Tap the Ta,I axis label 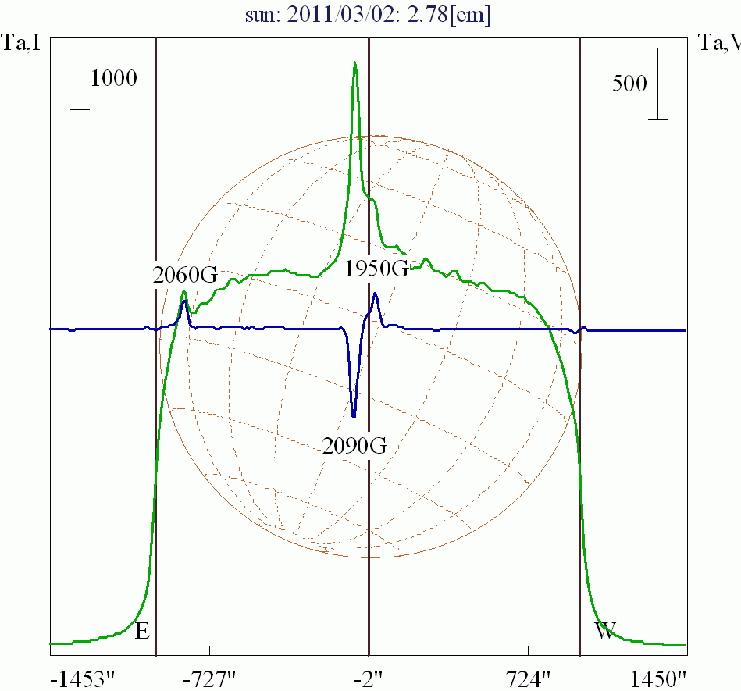(x=18, y=43)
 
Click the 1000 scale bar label (x=114, y=78)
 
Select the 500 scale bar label (x=629, y=84)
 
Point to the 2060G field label (x=185, y=274)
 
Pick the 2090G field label (x=354, y=446)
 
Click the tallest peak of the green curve (x=355, y=64)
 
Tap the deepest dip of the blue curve (x=354, y=415)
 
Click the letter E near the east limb (x=142, y=631)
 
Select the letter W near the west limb (x=605, y=631)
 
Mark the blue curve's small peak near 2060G (x=184, y=301)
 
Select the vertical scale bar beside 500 (x=659, y=84)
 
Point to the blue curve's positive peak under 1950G (x=376, y=294)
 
